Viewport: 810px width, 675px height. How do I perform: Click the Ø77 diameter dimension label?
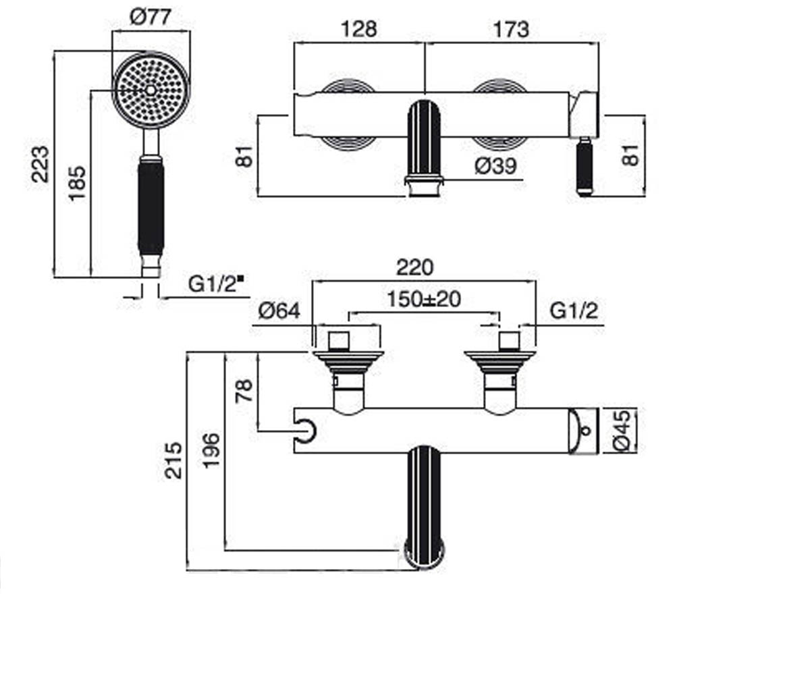151,18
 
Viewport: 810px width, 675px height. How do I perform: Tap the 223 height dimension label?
40,164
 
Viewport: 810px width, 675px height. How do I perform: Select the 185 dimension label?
77,184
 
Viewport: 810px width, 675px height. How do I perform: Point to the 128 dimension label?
359,30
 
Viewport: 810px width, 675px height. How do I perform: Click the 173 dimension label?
511,30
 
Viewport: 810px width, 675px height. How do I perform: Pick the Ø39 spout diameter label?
495,167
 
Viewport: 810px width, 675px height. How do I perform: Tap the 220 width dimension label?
414,268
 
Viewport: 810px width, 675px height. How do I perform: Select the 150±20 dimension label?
424,299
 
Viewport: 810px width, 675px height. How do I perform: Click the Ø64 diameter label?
279,310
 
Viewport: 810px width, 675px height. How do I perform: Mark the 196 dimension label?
211,451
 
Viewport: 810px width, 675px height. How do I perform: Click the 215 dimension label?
173,460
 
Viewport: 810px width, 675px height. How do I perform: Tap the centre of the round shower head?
151,90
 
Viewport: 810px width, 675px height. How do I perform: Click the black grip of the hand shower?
151,209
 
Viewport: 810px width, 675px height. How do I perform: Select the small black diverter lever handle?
585,168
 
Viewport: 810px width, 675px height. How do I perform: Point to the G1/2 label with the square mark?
216,284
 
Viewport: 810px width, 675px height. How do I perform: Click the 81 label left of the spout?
245,156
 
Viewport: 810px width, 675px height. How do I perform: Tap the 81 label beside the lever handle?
630,155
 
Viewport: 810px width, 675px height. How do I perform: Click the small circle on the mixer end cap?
586,430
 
